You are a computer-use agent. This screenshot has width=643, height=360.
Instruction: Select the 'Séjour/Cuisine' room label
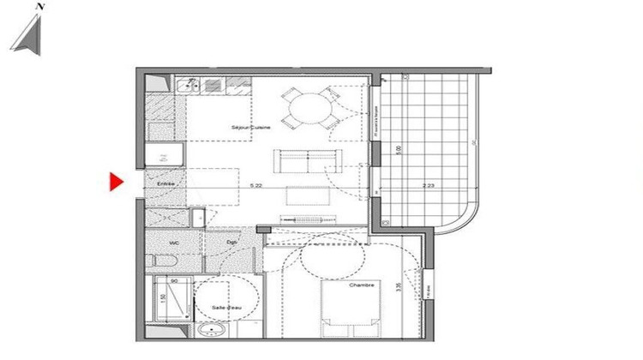[251, 127]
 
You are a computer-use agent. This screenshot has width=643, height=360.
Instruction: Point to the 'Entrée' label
[165, 184]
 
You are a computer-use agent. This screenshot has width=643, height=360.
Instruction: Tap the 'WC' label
[174, 243]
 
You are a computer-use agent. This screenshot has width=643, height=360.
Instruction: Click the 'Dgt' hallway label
[231, 243]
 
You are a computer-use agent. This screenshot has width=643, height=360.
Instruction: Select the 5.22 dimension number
[255, 184]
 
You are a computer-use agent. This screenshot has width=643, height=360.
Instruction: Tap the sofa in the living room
[306, 159]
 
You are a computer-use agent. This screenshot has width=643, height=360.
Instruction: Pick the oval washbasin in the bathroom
[211, 330]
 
